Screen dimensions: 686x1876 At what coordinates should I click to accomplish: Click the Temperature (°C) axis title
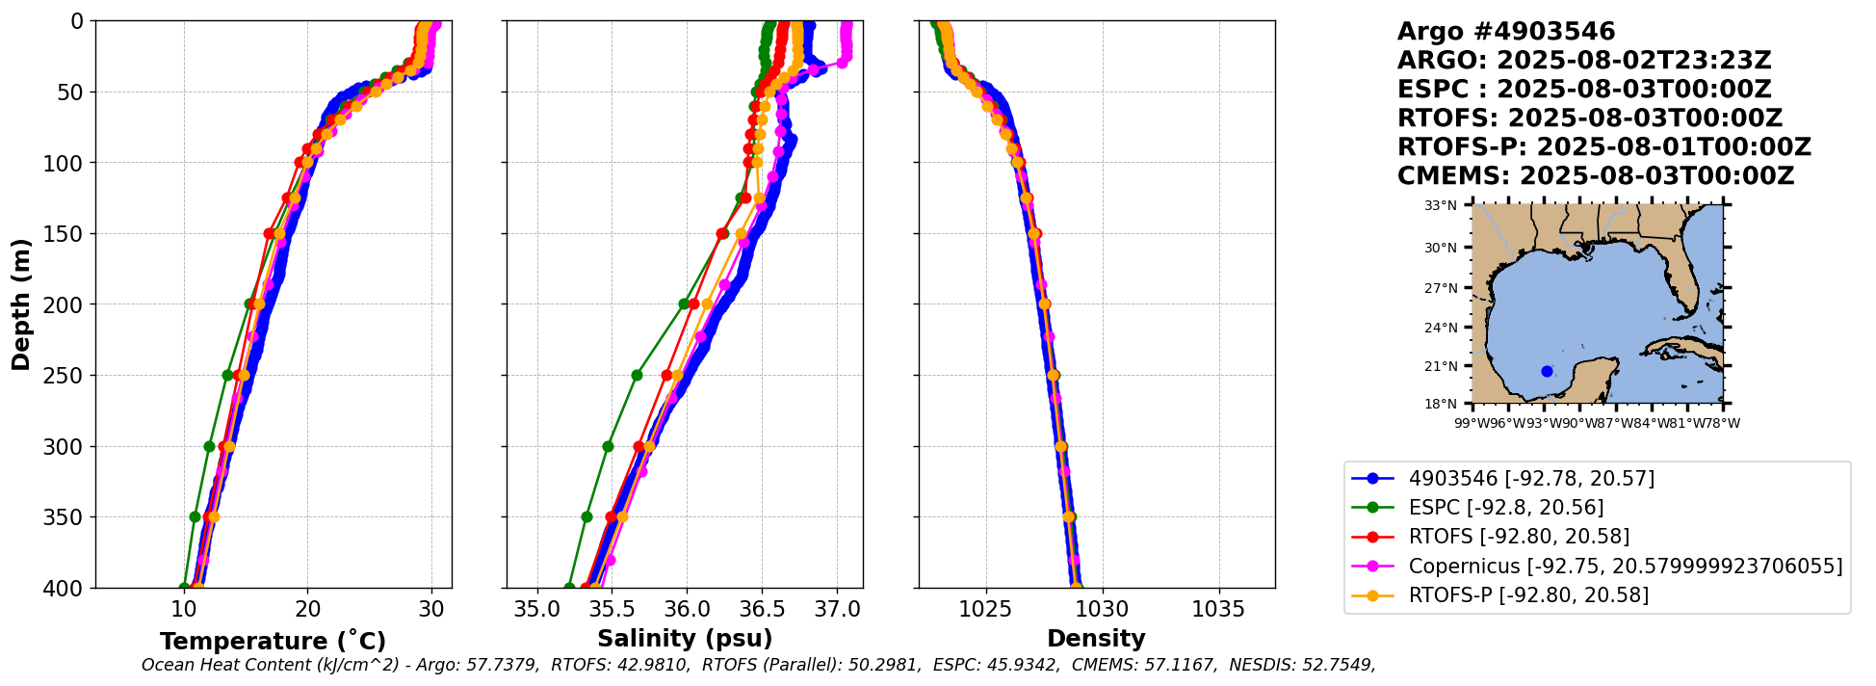tap(273, 641)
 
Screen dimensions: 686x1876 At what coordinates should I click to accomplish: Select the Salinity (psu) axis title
tap(685, 639)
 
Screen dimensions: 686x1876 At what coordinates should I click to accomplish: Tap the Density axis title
tap(1096, 639)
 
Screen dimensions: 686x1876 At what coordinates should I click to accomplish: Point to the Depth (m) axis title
tap(21, 303)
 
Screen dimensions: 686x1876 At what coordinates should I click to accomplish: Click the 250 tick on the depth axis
tap(69, 376)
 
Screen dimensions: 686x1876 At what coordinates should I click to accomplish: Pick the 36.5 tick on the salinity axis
tap(762, 609)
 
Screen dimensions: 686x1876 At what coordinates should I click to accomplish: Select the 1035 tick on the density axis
tap(1219, 609)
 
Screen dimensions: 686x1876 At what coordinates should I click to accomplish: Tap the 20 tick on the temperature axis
tap(308, 609)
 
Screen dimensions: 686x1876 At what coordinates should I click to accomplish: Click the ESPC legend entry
tap(1505, 508)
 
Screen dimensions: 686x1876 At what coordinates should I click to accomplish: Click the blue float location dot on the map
tap(1547, 371)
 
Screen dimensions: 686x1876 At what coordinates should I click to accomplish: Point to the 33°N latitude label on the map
tap(1441, 205)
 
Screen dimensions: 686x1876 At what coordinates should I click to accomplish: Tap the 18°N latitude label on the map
tap(1441, 404)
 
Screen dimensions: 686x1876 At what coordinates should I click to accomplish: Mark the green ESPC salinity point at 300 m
tap(608, 446)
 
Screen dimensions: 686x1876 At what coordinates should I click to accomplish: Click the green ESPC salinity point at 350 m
tap(586, 516)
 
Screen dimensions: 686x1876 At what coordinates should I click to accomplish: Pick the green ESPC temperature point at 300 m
tap(209, 446)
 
